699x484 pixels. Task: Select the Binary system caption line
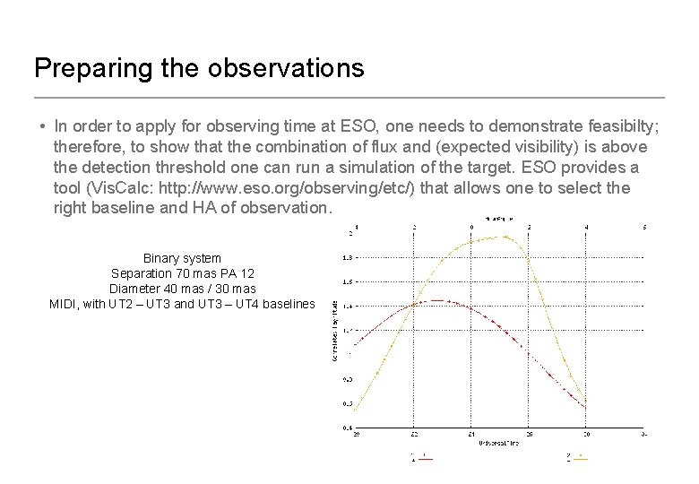[182, 258]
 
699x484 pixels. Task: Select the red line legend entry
[421, 458]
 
